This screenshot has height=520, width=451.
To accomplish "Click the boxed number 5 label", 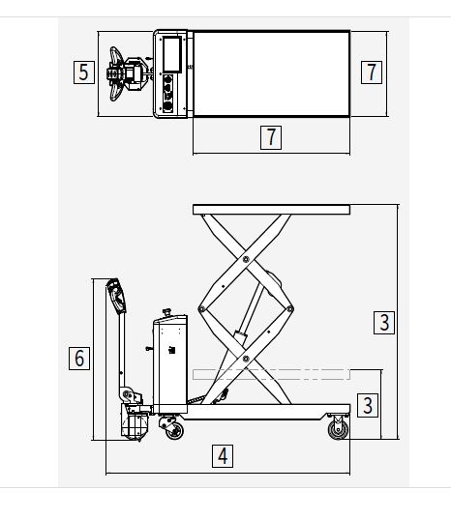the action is (x=84, y=72).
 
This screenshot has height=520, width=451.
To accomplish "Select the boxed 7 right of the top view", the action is (x=372, y=72).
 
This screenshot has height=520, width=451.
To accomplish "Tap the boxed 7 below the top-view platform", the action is (x=271, y=137).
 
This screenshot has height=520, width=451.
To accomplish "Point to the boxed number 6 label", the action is (x=79, y=359).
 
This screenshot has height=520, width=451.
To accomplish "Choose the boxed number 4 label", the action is (x=223, y=456).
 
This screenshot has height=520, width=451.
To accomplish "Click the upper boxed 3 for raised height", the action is (x=384, y=323).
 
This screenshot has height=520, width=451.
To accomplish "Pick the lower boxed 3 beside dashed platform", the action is (x=368, y=405).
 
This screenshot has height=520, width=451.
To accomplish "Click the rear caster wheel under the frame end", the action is (x=339, y=429).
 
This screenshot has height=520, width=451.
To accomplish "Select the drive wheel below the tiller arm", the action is (x=135, y=425).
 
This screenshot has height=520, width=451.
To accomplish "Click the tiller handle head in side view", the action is (x=116, y=296).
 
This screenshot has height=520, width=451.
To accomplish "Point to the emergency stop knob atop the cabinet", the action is (x=166, y=312).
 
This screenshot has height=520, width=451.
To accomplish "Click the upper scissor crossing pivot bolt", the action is (x=246, y=259).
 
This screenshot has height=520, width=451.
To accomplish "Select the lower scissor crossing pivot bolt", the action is (x=246, y=359).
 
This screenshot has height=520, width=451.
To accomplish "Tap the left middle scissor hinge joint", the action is (x=201, y=309).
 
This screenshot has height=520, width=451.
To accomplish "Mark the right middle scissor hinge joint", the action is (x=290, y=309).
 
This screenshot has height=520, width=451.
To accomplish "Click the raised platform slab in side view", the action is (x=271, y=210).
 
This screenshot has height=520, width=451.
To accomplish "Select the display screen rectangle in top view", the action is (x=172, y=54).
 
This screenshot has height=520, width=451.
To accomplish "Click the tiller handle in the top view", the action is (x=116, y=73).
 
